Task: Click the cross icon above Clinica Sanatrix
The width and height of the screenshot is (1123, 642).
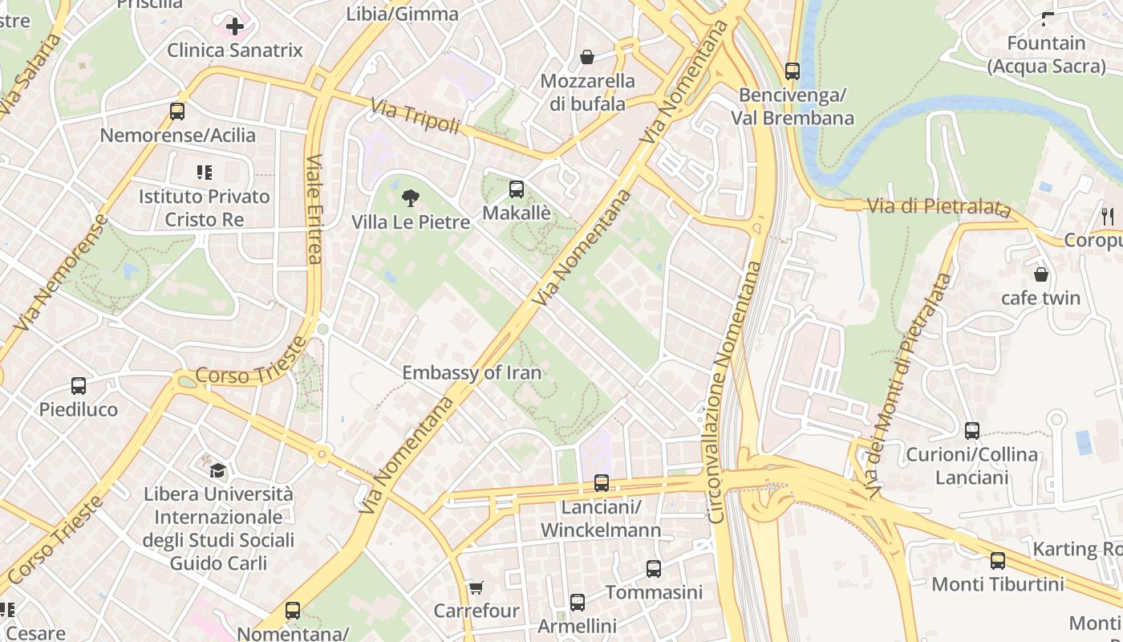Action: pyautogui.click(x=234, y=27)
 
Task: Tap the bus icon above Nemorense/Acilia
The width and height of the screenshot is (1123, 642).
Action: pyautogui.click(x=177, y=112)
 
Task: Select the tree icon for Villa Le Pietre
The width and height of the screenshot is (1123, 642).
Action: pyautogui.click(x=410, y=197)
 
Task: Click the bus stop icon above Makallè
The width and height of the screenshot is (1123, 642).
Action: pyautogui.click(x=517, y=189)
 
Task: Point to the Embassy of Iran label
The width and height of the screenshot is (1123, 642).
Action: pyautogui.click(x=471, y=372)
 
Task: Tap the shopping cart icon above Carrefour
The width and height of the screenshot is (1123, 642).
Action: pyautogui.click(x=476, y=587)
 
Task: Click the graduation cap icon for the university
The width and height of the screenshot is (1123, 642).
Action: pyautogui.click(x=218, y=470)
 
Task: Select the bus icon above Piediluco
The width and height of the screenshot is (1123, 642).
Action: pyautogui.click(x=79, y=386)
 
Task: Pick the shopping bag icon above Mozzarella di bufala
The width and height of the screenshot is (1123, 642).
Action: pyautogui.click(x=587, y=57)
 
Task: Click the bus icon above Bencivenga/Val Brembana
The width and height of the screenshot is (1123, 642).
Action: pyautogui.click(x=793, y=71)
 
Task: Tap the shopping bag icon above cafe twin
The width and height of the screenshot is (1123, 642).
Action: pyautogui.click(x=1040, y=274)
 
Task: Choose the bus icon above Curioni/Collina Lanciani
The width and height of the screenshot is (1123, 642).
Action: pyautogui.click(x=971, y=431)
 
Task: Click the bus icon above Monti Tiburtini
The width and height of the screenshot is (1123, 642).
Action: pyautogui.click(x=997, y=561)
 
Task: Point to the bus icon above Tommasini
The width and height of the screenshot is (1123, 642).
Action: pyautogui.click(x=654, y=569)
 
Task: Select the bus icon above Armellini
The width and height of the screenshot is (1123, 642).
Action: pyautogui.click(x=577, y=603)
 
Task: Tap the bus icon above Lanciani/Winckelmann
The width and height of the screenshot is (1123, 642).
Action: pyautogui.click(x=601, y=483)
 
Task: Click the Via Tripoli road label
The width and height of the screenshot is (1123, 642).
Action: pyautogui.click(x=415, y=116)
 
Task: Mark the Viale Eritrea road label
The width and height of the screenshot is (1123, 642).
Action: pyautogui.click(x=314, y=209)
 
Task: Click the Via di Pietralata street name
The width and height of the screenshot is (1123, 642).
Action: pyautogui.click(x=939, y=206)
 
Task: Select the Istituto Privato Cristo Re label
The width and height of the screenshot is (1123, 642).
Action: pyautogui.click(x=204, y=208)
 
